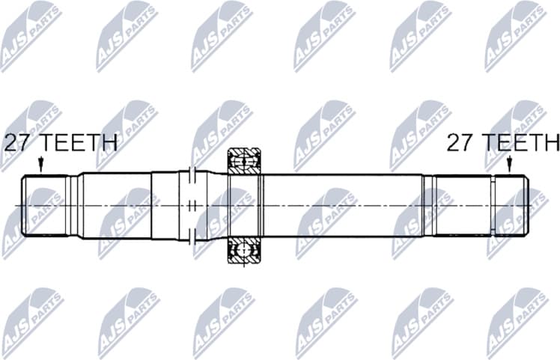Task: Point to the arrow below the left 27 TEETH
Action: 40,164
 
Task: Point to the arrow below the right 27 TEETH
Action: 509,164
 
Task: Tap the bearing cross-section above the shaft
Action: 243,160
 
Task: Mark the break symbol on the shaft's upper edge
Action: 192,173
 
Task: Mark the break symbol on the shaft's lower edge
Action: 192,237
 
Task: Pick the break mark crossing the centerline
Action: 192,205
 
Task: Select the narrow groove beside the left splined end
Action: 73,205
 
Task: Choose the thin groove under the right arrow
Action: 493,205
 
